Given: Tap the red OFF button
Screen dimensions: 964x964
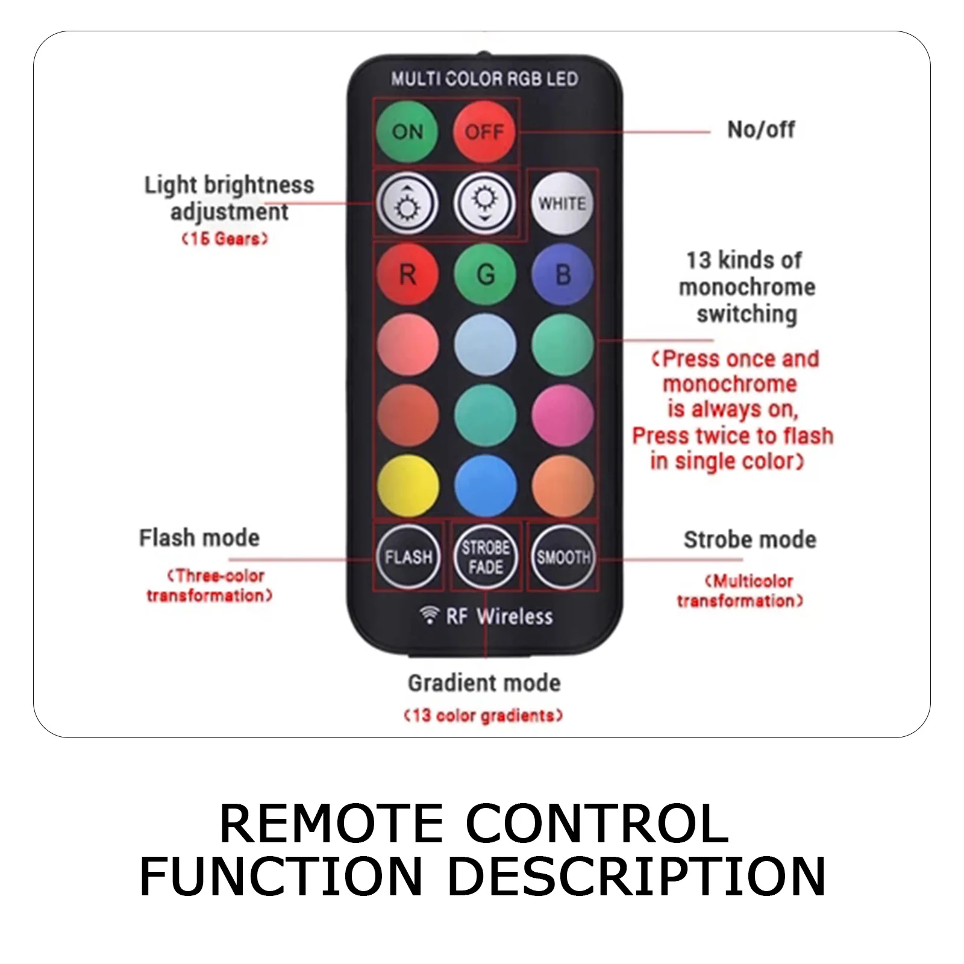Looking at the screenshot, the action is click(484, 131).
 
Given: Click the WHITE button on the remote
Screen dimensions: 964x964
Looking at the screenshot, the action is click(562, 203).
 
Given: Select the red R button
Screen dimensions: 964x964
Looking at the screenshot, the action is click(408, 275).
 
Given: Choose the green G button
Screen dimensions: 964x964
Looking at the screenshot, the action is click(485, 275).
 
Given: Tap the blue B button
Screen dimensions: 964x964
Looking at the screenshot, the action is click(562, 275).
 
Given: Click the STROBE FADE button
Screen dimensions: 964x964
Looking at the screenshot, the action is click(486, 557).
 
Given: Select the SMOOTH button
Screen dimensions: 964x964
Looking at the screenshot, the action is click(563, 557).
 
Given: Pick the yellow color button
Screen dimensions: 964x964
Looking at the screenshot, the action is click(408, 486).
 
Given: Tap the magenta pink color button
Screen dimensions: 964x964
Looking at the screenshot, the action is click(562, 415).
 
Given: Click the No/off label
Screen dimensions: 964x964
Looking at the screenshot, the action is click(761, 130).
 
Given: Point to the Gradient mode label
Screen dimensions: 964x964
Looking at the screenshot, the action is click(484, 683).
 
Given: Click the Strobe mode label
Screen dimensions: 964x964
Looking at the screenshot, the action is click(750, 540).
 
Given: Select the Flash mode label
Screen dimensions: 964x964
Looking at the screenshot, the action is click(199, 537).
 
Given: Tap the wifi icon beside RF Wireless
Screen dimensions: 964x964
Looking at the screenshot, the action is click(429, 615).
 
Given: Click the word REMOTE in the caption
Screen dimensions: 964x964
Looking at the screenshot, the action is click(331, 824).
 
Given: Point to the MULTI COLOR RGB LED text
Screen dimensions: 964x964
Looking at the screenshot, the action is click(484, 79).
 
